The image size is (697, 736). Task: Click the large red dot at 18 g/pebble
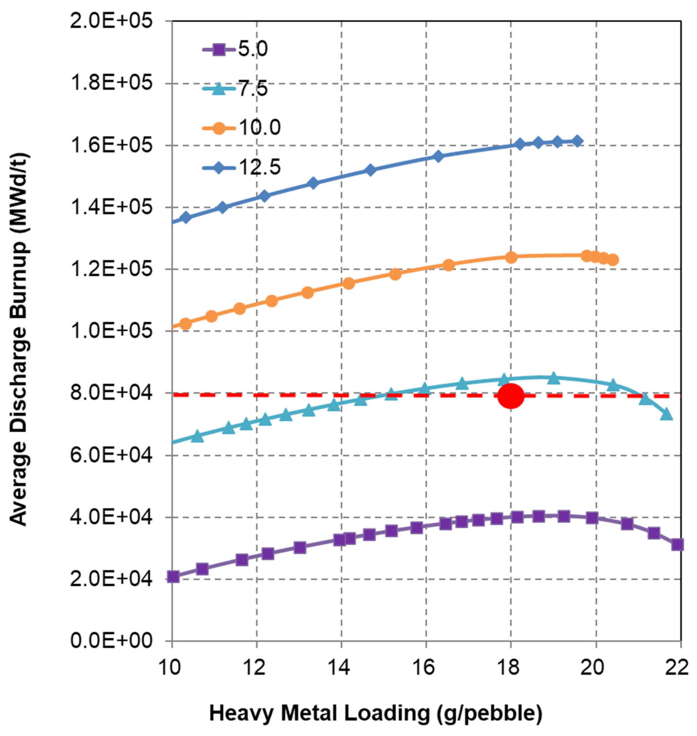(x=511, y=396)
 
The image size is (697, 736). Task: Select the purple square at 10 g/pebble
(x=173, y=577)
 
